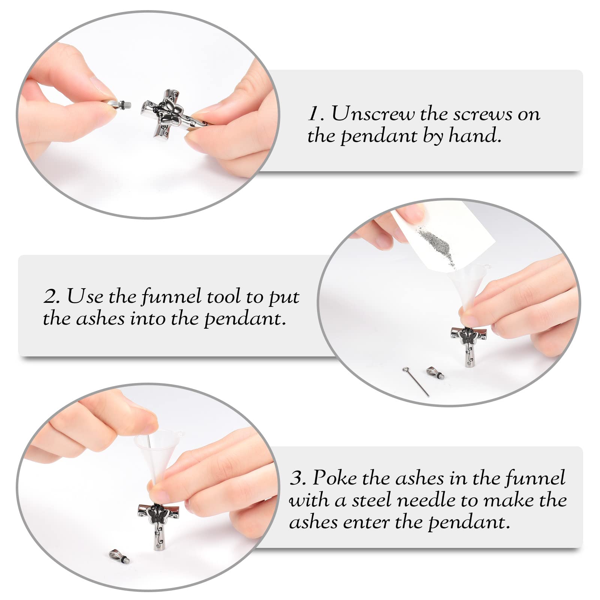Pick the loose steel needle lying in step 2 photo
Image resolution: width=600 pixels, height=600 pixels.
click(x=416, y=381)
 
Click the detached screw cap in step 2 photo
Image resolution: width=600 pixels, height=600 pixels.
click(x=435, y=373)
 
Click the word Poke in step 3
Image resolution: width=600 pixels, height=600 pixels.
click(x=334, y=478)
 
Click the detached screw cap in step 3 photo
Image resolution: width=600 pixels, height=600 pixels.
click(x=121, y=556)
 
